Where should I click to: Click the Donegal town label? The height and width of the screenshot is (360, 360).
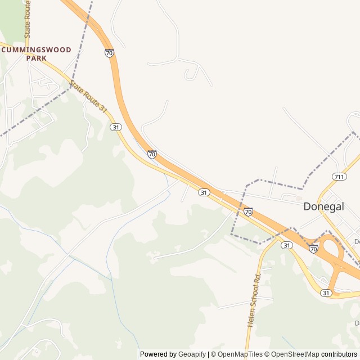click(x=323, y=206)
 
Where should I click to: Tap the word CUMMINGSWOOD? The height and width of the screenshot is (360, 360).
click(x=37, y=50)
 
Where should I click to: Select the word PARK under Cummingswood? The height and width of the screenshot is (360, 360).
click(x=37, y=58)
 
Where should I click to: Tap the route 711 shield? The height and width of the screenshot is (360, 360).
click(x=339, y=177)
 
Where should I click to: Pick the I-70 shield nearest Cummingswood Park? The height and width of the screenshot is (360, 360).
click(x=109, y=53)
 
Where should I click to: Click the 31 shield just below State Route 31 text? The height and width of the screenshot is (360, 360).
click(x=116, y=127)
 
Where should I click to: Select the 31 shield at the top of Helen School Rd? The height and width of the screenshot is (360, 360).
click(x=287, y=245)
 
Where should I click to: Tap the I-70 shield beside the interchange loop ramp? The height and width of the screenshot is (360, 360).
click(x=313, y=248)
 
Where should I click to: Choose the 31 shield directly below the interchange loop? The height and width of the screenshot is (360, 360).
click(x=327, y=293)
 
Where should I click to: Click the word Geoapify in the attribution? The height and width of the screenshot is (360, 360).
click(x=192, y=354)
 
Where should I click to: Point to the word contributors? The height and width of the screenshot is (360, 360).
click(x=339, y=354)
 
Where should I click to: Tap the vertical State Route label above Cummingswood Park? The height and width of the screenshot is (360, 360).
click(x=27, y=19)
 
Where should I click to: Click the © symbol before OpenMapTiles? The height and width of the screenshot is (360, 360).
click(x=213, y=354)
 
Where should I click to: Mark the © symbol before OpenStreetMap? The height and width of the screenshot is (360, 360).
click(x=268, y=354)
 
